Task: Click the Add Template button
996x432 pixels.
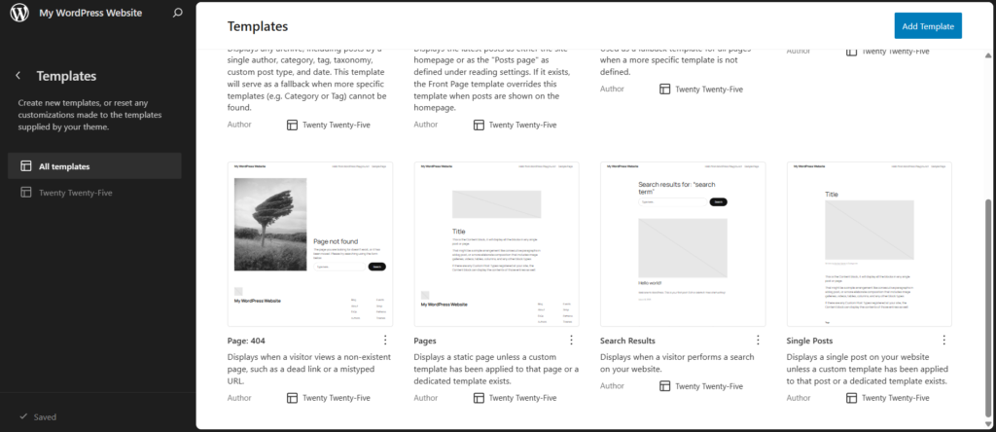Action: point(928,26)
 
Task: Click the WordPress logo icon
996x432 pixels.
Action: point(18,14)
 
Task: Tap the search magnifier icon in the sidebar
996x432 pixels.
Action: point(176,14)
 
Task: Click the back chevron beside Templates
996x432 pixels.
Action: point(18,76)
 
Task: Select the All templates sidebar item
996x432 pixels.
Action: point(64,166)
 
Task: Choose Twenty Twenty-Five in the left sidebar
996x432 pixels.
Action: point(75,193)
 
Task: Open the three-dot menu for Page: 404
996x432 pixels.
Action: point(385,341)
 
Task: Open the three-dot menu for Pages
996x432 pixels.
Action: point(571,341)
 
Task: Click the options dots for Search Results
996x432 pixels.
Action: point(758,341)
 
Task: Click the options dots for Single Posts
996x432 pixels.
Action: point(943,341)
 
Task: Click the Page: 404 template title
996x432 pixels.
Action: point(245,342)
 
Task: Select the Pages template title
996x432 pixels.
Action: point(425,342)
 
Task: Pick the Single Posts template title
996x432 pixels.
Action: point(809,342)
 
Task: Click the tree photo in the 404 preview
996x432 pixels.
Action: point(270,224)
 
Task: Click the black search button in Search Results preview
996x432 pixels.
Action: point(718,202)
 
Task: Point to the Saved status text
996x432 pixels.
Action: point(45,416)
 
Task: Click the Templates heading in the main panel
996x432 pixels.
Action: point(257,26)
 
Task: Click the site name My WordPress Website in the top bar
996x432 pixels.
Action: point(90,14)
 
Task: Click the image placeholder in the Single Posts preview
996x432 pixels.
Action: point(870,234)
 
